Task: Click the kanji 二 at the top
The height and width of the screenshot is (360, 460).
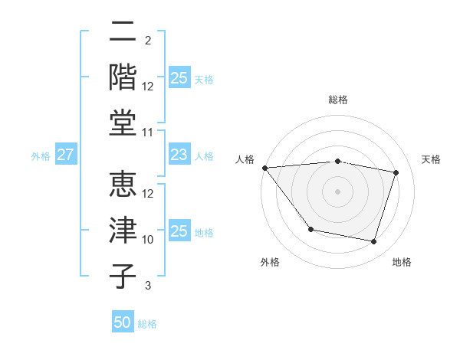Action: click(123, 31)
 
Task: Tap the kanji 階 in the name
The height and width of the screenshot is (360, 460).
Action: click(123, 77)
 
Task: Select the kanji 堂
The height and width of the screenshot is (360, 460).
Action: click(123, 123)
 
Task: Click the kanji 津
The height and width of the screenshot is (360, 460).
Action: click(123, 231)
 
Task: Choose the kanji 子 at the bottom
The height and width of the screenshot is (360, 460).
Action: click(123, 277)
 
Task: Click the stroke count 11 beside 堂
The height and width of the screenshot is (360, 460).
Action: click(148, 133)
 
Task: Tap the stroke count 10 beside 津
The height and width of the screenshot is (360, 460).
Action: click(148, 240)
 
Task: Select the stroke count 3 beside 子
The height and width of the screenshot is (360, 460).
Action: click(148, 286)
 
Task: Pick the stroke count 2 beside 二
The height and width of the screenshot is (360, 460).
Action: click(148, 41)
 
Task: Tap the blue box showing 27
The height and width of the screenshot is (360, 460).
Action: click(65, 155)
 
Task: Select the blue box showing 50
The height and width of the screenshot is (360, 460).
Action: click(123, 322)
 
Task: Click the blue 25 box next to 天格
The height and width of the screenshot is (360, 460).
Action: click(179, 78)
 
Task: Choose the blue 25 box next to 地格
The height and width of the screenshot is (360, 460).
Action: click(179, 231)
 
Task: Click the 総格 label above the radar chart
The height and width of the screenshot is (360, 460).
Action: click(338, 100)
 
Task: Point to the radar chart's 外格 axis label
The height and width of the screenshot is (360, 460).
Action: click(270, 262)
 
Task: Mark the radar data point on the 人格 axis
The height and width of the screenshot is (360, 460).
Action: click(264, 168)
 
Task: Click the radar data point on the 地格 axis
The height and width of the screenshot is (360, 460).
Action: click(373, 242)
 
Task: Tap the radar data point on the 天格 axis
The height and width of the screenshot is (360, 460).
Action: click(396, 172)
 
